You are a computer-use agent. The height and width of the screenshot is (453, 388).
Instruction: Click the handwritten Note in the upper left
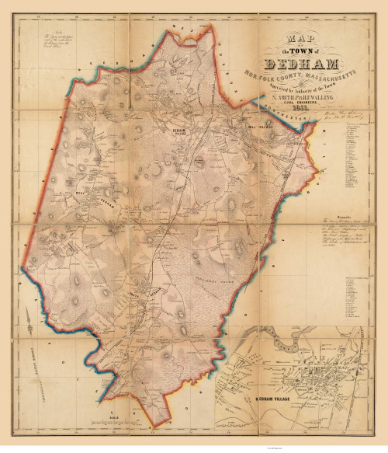pos(50,42)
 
